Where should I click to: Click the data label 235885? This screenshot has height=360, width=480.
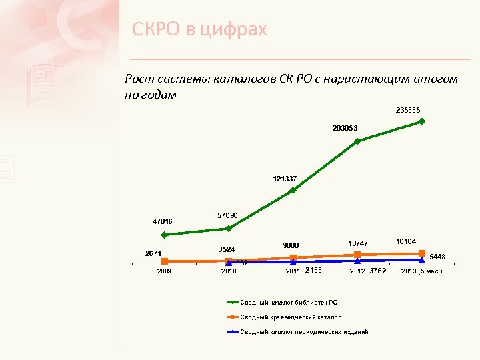[x=408, y=110]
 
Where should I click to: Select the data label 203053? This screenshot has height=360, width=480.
[x=345, y=127]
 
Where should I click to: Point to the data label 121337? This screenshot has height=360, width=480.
[x=285, y=179]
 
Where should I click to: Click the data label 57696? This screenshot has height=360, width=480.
[x=228, y=215]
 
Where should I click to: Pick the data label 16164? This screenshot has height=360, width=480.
[x=406, y=241]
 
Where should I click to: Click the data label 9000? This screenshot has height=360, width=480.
[x=291, y=245]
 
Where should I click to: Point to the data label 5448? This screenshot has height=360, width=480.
[x=437, y=256]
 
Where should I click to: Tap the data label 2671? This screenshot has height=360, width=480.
[x=154, y=253]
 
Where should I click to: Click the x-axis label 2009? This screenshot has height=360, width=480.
[x=164, y=272]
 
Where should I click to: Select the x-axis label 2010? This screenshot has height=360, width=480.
[x=229, y=272]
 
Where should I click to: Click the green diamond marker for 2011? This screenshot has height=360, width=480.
[x=293, y=191]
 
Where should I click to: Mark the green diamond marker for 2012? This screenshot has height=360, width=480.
[x=357, y=141]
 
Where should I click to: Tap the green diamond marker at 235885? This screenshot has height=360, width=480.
[x=422, y=121]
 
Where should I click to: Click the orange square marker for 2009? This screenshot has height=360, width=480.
[x=164, y=261]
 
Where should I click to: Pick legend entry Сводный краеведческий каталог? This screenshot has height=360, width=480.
[x=290, y=317]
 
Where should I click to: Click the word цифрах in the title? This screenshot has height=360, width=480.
[x=233, y=29]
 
